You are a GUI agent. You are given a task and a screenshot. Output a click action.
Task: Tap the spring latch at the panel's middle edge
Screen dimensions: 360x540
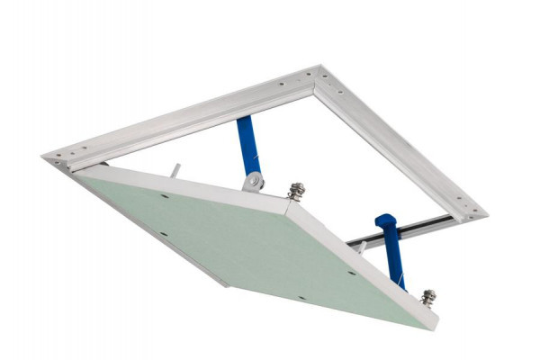(295, 191)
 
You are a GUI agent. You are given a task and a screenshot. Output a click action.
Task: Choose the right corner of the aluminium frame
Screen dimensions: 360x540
(481, 216)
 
